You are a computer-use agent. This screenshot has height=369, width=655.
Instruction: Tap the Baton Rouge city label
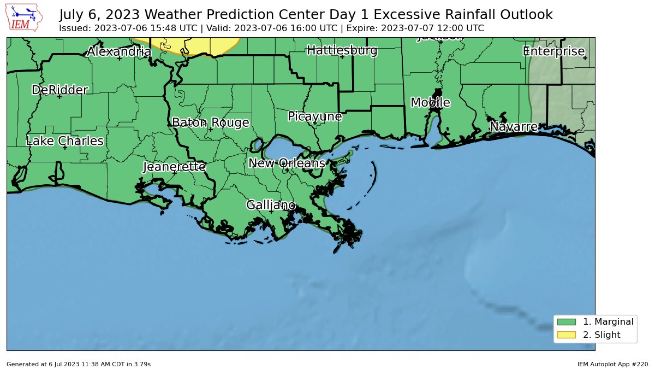210,122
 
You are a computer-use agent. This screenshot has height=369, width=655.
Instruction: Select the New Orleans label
287,163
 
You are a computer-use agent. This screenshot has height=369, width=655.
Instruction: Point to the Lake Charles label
64,141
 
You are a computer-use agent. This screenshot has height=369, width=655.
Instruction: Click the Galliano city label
271,205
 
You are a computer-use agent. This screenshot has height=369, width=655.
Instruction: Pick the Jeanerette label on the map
174,167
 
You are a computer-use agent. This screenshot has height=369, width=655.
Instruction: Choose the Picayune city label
314,116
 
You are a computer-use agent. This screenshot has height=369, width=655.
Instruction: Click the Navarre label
513,127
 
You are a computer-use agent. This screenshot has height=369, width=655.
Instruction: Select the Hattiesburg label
342,51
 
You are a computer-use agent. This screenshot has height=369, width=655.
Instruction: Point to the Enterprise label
553,51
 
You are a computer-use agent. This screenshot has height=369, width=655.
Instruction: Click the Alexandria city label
119,52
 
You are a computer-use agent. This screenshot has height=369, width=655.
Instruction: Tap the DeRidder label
59,90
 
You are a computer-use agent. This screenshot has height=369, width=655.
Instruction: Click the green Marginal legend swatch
567,322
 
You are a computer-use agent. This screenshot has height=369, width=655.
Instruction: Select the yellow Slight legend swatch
567,335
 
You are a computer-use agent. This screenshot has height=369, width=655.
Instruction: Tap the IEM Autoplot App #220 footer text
612,364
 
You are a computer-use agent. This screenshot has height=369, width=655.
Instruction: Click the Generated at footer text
79,364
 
